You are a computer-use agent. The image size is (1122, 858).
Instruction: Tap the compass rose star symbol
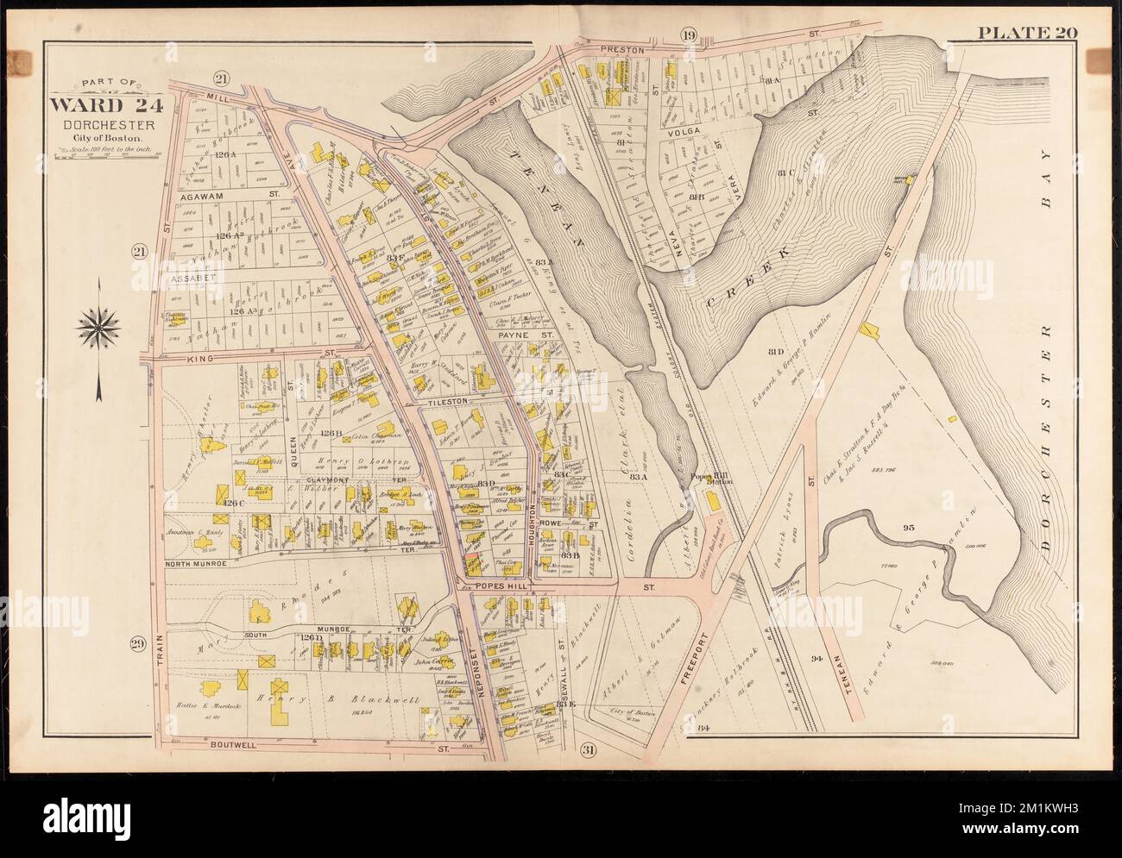click(98, 325)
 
